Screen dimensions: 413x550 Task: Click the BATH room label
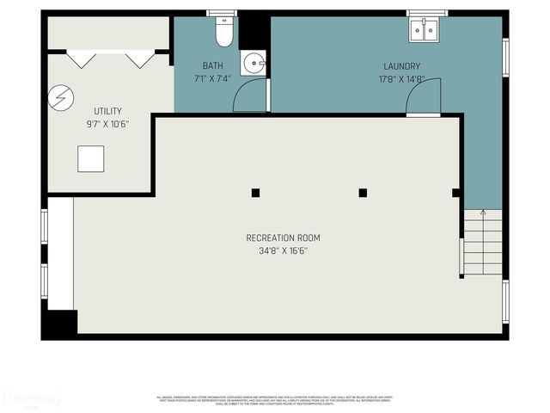click(x=212, y=66)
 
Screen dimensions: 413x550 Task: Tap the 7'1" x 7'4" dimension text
click(x=212, y=79)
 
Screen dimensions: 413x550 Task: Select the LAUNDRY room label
click(x=401, y=66)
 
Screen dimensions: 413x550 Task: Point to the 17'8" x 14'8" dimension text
click(x=401, y=79)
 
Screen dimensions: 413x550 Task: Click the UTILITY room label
click(x=107, y=111)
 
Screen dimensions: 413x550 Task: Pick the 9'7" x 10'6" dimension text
click(x=107, y=124)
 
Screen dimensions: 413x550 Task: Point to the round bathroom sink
click(x=253, y=62)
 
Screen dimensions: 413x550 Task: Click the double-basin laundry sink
click(x=423, y=30)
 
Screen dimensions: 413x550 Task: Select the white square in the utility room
click(x=90, y=158)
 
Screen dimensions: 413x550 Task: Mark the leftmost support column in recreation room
click(x=255, y=193)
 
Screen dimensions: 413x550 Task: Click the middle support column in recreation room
click(x=363, y=193)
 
